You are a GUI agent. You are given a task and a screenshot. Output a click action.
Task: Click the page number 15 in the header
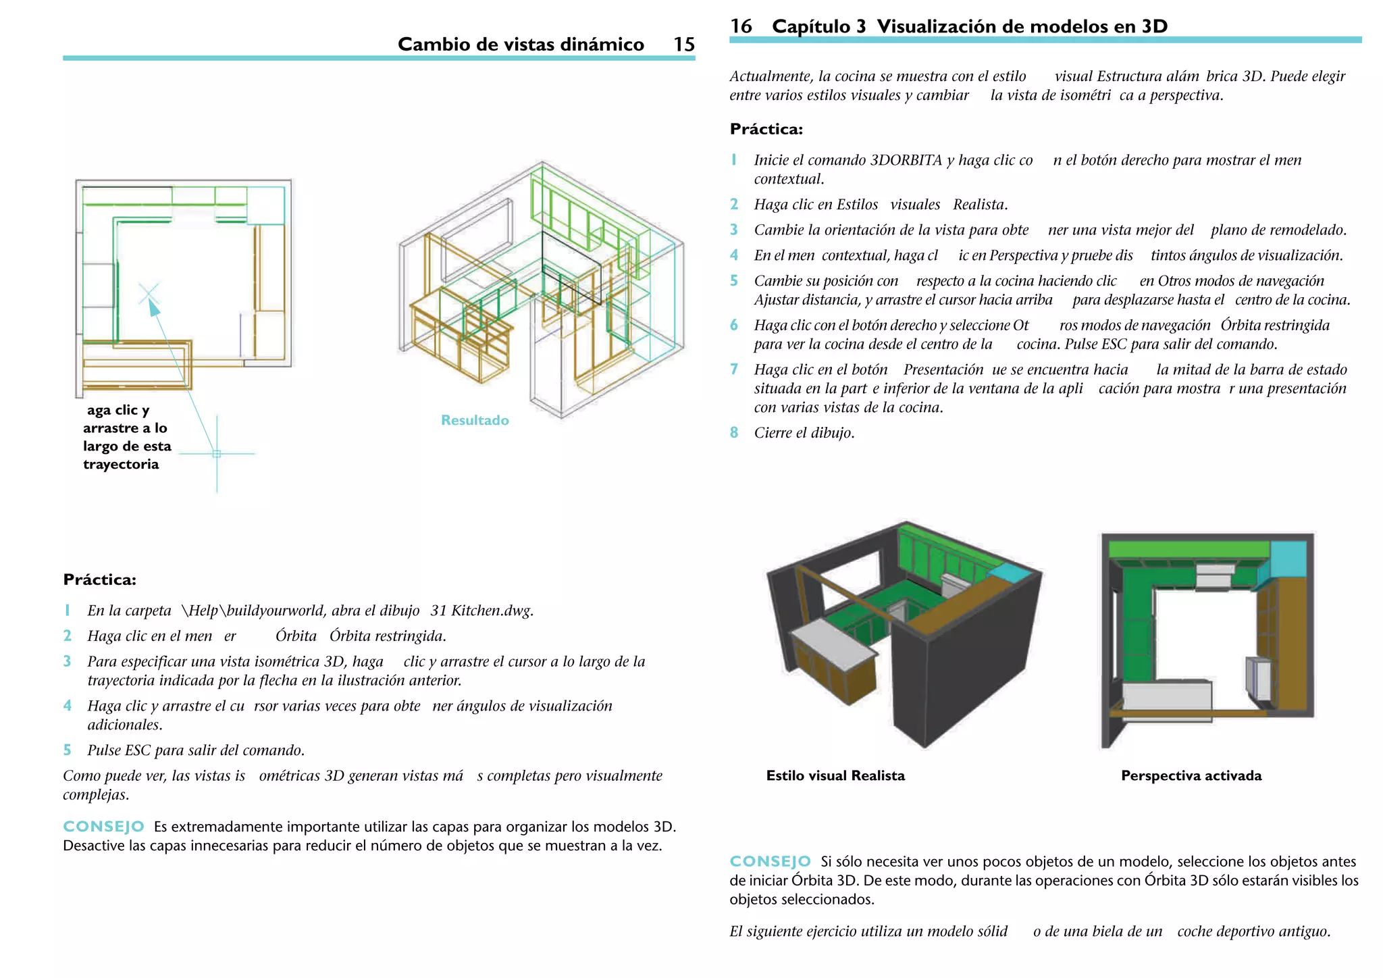683,45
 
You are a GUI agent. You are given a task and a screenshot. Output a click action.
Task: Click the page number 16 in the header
741,26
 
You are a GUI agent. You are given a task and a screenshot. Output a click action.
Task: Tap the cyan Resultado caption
475,420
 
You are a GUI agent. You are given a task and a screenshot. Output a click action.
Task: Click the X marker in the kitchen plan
149,294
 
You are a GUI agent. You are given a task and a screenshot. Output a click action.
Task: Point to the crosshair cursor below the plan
217,454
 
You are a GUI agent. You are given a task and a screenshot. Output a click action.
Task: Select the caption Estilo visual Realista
835,775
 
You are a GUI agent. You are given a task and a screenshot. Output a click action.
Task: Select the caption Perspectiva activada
1191,775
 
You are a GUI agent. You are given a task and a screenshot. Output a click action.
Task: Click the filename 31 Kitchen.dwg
481,611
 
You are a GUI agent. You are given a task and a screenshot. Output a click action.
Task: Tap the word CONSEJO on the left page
103,827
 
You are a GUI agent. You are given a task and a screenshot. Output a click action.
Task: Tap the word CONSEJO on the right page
770,861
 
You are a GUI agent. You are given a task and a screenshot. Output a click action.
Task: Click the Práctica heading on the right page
766,129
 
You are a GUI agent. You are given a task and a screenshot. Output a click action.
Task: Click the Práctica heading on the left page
99,580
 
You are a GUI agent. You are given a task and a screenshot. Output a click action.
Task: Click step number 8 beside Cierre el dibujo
734,433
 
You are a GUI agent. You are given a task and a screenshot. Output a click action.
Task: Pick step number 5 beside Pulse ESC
67,750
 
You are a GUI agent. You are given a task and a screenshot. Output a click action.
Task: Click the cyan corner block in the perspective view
1288,558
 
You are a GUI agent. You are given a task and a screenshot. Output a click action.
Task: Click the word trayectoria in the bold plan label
121,464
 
